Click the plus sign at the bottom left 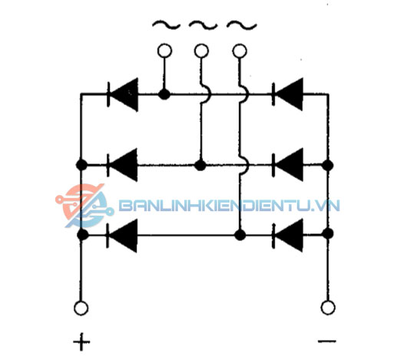(81, 342)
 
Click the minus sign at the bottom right (327, 341)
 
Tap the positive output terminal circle (81, 308)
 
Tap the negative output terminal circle (328, 307)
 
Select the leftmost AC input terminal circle (164, 51)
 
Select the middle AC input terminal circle (202, 51)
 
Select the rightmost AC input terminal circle (239, 51)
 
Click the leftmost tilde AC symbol (167, 25)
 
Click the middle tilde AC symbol (203, 25)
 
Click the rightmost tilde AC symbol (242, 25)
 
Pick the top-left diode (123, 94)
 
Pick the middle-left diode (122, 165)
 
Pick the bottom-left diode (122, 236)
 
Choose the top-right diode (288, 94)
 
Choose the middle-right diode (288, 164)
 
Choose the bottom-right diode (288, 235)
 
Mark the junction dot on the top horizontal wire (164, 94)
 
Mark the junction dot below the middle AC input (200, 165)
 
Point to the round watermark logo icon (84, 206)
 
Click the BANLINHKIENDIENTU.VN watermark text (229, 206)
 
